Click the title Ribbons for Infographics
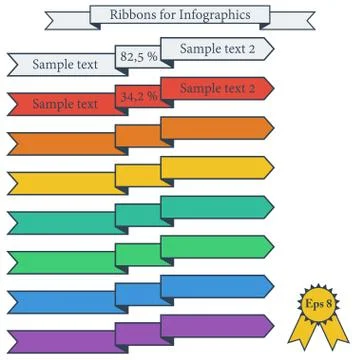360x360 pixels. [180, 15]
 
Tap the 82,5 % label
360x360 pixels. [139, 58]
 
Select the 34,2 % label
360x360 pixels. [139, 96]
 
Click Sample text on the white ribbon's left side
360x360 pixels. [66, 65]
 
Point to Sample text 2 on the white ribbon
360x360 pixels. [217, 49]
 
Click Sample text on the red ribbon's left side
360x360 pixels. [66, 103]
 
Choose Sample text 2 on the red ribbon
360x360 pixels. [217, 88]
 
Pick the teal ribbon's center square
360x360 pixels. [138, 215]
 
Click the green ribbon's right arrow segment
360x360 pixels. [216, 246]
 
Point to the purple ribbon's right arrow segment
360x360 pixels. [216, 324]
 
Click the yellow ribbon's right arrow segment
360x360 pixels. [216, 167]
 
